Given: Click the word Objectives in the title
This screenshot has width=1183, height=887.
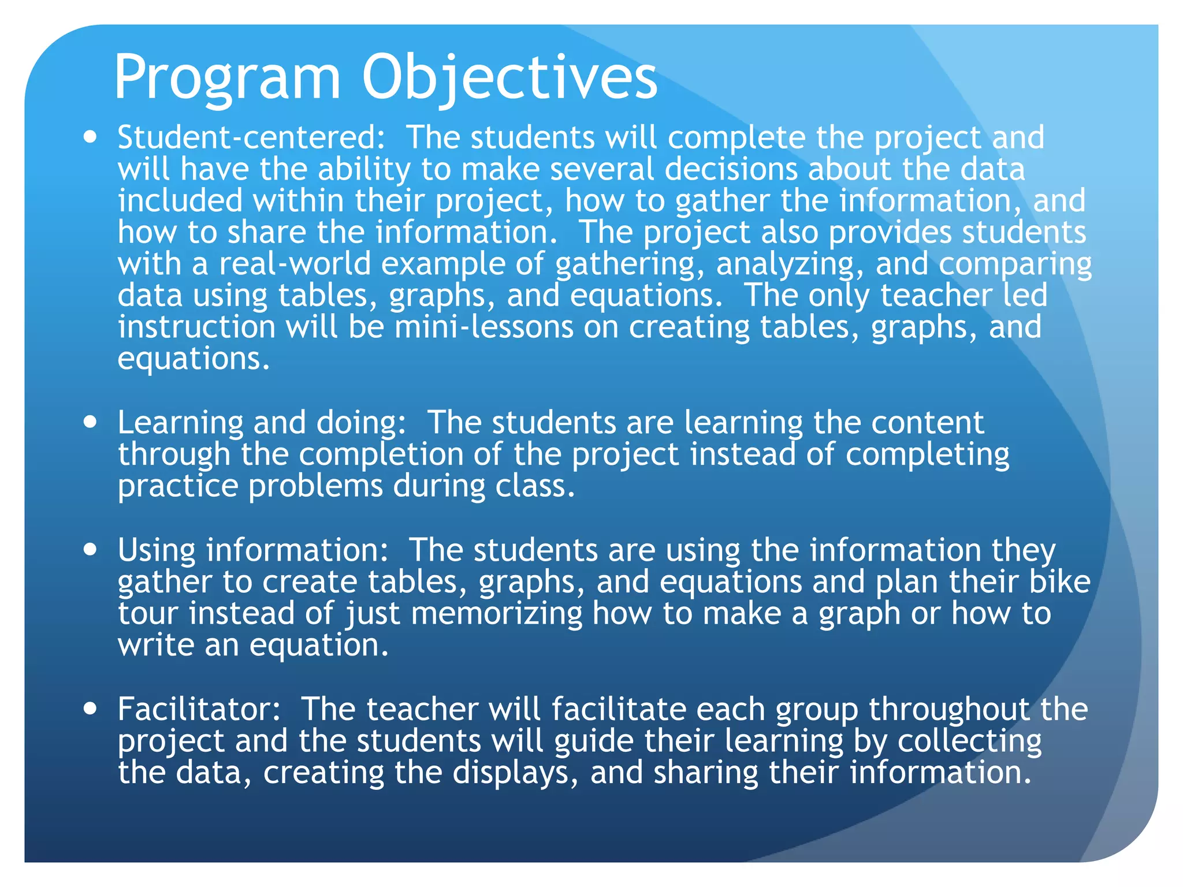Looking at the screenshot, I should [509, 78].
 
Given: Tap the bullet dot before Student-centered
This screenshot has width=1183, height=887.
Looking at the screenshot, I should [90, 138].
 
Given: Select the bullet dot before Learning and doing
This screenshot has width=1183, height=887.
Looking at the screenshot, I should [90, 422].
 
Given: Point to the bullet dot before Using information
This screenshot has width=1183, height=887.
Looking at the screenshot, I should [90, 549].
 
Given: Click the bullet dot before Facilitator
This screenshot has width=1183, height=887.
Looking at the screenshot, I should [90, 709].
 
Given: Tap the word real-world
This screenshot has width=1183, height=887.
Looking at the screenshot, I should [295, 264].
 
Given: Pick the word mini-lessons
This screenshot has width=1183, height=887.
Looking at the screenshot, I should [484, 327].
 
